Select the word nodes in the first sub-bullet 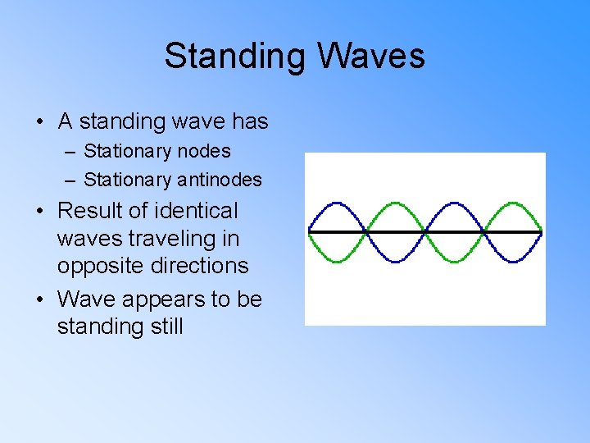(x=203, y=151)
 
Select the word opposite (x=98, y=266)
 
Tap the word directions (x=197, y=266)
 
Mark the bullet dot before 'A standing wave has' (x=39, y=123)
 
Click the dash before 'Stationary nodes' (x=71, y=152)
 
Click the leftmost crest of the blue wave (x=337, y=203)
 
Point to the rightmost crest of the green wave (x=513, y=203)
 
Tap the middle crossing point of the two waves (x=425, y=232)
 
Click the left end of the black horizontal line (x=309, y=232)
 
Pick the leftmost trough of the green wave (x=337, y=262)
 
